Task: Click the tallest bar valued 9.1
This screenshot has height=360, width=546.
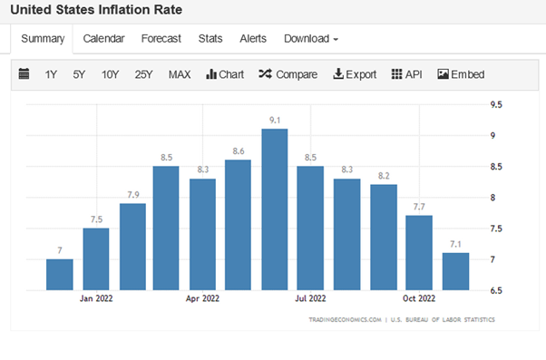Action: [x=274, y=209]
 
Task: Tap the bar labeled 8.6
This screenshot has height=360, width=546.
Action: [x=238, y=225]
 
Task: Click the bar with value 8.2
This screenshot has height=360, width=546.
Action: [x=383, y=237]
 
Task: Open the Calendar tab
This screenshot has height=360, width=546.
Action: [x=103, y=38]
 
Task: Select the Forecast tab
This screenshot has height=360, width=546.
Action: [x=161, y=38]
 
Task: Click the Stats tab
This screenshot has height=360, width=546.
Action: [x=210, y=38]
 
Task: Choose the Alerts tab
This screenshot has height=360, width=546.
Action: [x=253, y=38]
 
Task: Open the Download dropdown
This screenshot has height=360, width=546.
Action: [x=311, y=38]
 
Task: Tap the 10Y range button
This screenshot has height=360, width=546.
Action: [x=111, y=74]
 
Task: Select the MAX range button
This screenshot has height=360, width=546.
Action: [x=180, y=74]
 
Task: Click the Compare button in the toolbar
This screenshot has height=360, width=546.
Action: [x=288, y=74]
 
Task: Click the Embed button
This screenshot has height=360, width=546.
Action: [x=461, y=74]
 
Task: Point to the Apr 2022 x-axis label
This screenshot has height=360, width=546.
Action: [x=202, y=297]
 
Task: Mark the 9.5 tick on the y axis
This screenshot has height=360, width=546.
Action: [x=496, y=104]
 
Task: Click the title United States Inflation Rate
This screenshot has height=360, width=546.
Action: [x=95, y=10]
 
